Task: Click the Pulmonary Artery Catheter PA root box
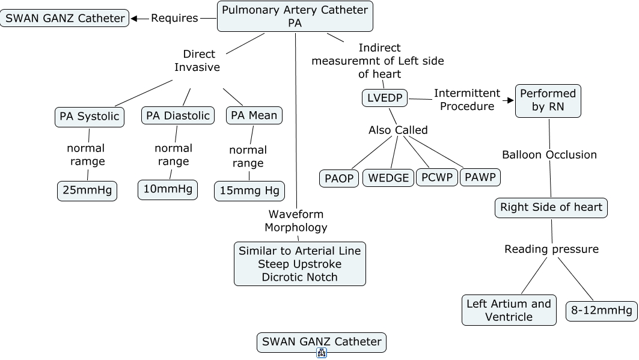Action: (295, 16)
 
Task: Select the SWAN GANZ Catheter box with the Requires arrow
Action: (65, 18)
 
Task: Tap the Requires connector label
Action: (174, 18)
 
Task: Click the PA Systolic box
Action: (90, 116)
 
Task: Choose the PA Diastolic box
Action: (178, 115)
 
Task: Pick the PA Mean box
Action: (254, 115)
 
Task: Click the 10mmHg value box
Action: (168, 189)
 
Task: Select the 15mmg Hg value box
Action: (249, 191)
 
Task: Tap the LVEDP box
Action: (385, 98)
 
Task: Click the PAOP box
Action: (339, 178)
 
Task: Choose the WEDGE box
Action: (388, 178)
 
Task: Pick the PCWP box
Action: (437, 177)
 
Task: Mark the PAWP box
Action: (480, 177)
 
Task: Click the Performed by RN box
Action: (548, 100)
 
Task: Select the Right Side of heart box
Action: (551, 207)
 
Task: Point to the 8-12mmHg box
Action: (602, 310)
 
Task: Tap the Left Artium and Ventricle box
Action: (509, 310)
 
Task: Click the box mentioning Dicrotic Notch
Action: (299, 264)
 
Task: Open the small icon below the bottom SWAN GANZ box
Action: (322, 353)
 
